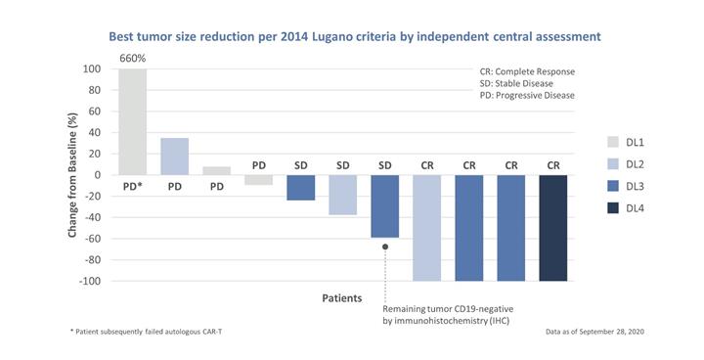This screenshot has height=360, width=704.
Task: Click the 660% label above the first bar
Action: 132,59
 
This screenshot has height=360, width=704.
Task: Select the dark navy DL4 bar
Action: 553,228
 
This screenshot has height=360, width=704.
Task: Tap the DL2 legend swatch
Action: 613,164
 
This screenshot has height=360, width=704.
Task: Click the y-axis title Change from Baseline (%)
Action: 72,175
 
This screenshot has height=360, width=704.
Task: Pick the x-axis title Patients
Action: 342,298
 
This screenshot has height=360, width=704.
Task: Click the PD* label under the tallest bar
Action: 132,186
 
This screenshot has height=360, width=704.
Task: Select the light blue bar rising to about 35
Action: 175,157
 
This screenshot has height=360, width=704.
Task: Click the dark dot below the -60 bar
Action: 385,247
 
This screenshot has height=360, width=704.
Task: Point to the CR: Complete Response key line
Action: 527,72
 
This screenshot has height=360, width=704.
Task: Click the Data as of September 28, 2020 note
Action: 594,332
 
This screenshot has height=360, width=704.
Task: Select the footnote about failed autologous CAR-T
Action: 146,332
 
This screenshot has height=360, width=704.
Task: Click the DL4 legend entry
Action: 626,208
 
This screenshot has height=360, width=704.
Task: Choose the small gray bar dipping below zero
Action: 258,180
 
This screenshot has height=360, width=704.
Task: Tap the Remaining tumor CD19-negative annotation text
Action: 448,315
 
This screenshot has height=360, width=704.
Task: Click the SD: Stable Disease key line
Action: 516,83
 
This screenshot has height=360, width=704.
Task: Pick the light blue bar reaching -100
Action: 427,228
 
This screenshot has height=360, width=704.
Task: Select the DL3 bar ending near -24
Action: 301,188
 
